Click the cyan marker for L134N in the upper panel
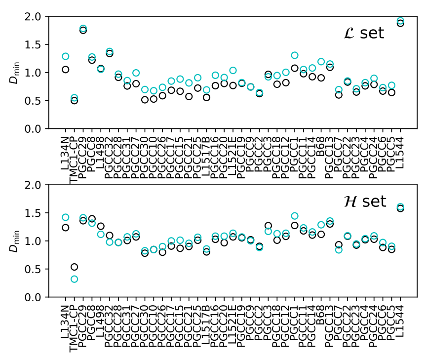pos(65,56)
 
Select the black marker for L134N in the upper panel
pos(65,69)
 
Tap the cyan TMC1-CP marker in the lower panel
pos(74,279)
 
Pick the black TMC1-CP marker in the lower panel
pos(74,267)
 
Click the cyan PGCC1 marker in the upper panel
pos(295,55)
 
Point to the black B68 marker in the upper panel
pos(321,78)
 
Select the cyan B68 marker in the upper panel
pos(321,62)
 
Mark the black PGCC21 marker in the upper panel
pos(189,96)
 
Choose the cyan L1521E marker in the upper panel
pos(233,70)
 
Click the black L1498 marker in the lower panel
pos(101,226)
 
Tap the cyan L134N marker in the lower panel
pos(65,217)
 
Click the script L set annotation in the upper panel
pos(363,34)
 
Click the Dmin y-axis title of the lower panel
pos(14,241)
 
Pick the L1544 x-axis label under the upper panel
pos(400,148)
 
